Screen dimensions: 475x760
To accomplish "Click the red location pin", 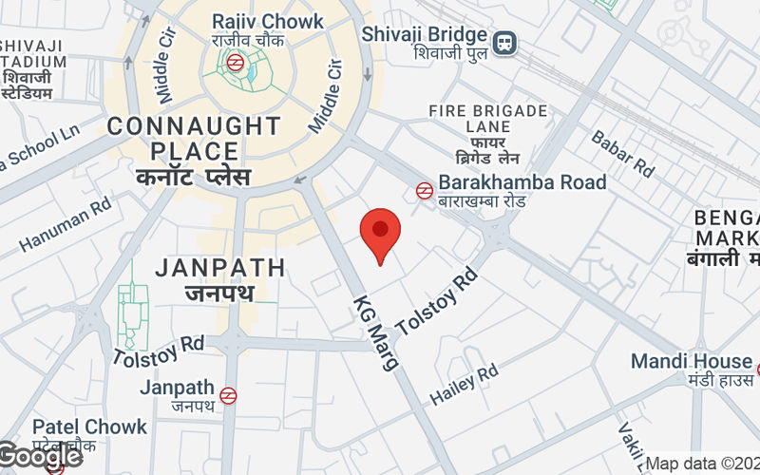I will coord(381,234).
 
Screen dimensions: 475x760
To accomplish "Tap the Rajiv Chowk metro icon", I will coord(235,63).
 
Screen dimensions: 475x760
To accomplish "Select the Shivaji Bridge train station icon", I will coord(505,40).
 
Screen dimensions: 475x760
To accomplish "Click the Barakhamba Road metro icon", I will coord(424,191).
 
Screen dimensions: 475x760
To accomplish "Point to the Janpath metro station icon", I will coord(228,395).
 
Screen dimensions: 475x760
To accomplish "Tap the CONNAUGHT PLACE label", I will coord(194,139).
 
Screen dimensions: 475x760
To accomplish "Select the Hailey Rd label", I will coord(465,386).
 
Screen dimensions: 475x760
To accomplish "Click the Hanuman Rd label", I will coord(65,225).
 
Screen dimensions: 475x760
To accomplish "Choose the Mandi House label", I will coord(692,362).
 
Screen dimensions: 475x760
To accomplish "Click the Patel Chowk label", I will coord(90,427).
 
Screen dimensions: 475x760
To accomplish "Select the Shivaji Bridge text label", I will coord(425,34).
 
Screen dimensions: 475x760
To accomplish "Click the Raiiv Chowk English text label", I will coord(255,21).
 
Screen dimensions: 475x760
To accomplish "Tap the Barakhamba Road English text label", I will coord(522,181).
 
